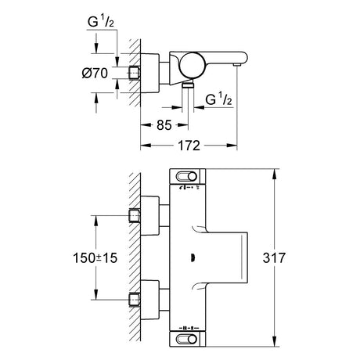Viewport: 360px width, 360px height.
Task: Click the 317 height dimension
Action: coord(274,257)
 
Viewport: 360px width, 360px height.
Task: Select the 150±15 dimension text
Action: coord(95,258)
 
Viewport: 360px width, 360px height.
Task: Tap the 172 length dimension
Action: coord(189,146)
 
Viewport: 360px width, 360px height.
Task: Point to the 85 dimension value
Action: coord(164,125)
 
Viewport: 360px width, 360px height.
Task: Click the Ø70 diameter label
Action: coord(95,73)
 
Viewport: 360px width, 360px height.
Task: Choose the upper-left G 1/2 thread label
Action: coord(101,22)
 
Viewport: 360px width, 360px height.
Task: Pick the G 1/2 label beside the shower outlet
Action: coord(218,99)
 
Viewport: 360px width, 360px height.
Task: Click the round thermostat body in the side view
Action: coord(193,66)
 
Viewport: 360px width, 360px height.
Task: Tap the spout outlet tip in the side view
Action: coord(237,64)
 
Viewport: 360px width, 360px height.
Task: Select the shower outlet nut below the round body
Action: coord(188,84)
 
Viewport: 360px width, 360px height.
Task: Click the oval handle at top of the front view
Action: coord(186,177)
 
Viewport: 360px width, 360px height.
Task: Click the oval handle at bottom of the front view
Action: coord(186,340)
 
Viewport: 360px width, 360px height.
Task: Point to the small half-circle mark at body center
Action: coord(193,258)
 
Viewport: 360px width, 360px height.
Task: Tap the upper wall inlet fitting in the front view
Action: coord(135,216)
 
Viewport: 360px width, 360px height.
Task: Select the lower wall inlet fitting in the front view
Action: coord(135,300)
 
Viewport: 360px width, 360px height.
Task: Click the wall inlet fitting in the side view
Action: coord(135,73)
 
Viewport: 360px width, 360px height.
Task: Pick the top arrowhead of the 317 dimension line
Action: coord(274,174)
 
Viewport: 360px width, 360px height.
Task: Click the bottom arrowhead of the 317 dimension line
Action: coord(274,342)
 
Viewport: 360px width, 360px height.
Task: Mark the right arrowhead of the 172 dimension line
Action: coord(232,146)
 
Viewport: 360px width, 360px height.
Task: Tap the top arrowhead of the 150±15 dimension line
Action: coord(95,221)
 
